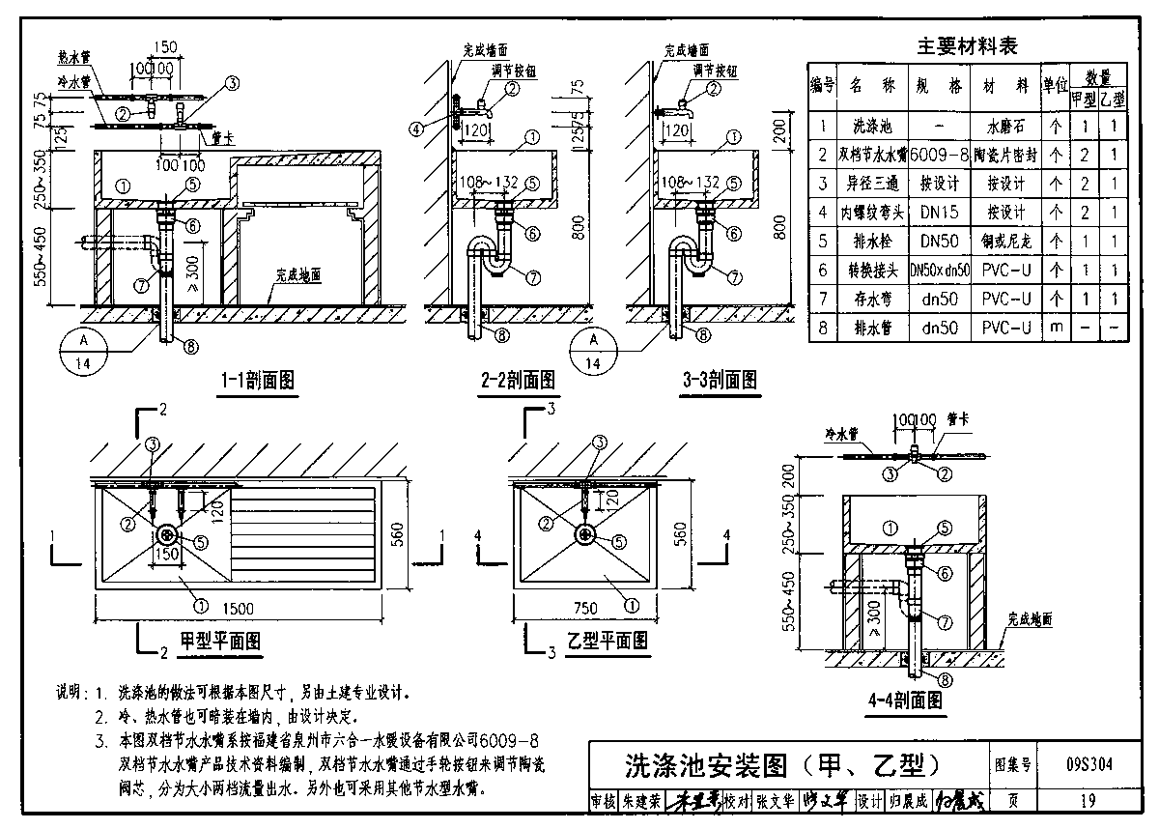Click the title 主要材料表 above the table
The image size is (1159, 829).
pos(967,45)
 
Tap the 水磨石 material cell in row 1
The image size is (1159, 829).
pos(1004,126)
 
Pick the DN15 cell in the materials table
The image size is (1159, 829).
pos(939,212)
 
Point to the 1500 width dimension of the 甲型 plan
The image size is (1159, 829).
pos(237,608)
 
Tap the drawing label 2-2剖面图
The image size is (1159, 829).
pos(518,381)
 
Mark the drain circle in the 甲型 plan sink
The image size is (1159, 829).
pos(167,535)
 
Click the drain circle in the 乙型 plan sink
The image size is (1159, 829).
pos(585,534)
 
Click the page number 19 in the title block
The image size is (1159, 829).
pos(1088,800)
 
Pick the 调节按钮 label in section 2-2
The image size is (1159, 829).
pos(523,71)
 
